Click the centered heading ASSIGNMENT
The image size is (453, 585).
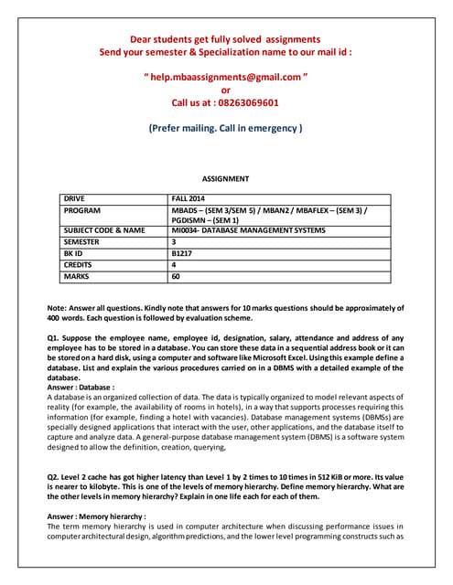click(x=225, y=179)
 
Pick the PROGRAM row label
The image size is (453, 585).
click(x=83, y=209)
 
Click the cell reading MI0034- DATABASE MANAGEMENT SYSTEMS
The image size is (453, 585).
click(x=248, y=230)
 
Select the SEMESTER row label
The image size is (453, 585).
click(x=84, y=241)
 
